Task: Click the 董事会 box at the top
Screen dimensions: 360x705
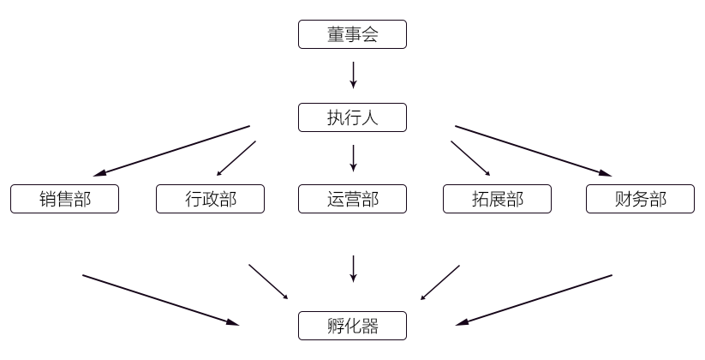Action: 352,35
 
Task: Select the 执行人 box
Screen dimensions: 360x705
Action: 352,118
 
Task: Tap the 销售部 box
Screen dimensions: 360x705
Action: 64,199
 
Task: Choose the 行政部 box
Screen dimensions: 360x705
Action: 210,199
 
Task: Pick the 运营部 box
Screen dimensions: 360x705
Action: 352,199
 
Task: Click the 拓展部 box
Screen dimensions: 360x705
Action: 497,199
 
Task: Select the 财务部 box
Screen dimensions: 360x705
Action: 640,199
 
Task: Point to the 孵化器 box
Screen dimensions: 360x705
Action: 352,326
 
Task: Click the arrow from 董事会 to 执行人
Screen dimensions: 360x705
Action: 353,75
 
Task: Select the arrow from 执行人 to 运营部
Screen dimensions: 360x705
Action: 353,158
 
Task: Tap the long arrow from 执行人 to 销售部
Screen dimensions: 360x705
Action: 171,150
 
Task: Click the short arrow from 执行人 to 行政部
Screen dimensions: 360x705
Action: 236,159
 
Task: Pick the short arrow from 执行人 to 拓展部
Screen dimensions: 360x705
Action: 470,159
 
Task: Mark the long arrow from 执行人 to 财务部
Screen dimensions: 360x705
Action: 533,150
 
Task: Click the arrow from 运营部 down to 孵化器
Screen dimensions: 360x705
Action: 353,268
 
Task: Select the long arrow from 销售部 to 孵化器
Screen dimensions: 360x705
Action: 160,300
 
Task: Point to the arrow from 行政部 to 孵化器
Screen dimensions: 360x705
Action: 268,282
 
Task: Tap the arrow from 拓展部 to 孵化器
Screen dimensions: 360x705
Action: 440,282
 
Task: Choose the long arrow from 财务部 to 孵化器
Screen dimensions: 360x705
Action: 535,300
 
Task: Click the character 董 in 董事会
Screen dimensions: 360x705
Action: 336,35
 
